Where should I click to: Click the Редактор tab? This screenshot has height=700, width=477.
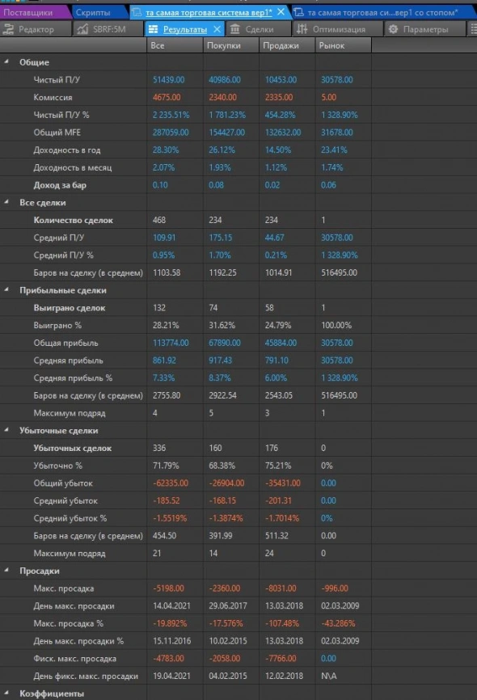point(32,29)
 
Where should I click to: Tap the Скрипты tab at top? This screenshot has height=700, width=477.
point(94,12)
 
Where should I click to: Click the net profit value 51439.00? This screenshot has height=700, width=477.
point(168,80)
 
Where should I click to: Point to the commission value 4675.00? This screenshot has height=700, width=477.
point(168,97)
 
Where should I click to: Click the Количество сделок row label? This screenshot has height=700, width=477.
point(73,220)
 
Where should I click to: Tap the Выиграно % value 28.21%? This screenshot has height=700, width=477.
point(165,325)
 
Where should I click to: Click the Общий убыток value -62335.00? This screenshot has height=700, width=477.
point(171,483)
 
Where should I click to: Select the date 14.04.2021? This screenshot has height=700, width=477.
point(171,605)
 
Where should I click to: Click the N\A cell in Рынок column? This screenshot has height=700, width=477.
point(328,675)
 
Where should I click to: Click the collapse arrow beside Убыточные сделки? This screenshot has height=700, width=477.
point(7,430)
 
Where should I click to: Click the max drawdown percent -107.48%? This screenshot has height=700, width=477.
point(280,623)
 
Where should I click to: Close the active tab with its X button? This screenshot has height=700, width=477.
point(281,12)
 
